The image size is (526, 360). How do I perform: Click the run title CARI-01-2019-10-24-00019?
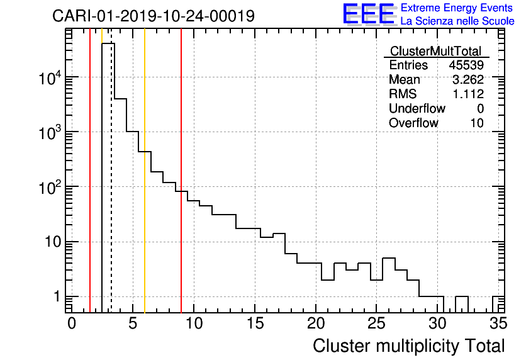[x=154, y=16]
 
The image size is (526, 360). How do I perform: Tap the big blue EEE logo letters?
[x=369, y=14]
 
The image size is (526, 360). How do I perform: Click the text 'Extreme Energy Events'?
[x=457, y=8]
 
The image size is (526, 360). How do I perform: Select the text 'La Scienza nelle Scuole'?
[x=457, y=21]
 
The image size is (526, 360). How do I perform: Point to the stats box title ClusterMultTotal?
[x=435, y=51]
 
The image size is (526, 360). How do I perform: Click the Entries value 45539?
[x=466, y=65]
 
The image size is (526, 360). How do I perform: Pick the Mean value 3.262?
[x=468, y=80]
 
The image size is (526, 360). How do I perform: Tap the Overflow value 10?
[x=477, y=123]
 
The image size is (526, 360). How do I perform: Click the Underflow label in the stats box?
[x=417, y=109]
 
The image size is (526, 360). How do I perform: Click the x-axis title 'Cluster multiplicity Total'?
[x=408, y=346]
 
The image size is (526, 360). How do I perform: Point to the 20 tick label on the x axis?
[x=316, y=323]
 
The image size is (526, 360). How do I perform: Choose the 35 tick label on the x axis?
[x=498, y=323]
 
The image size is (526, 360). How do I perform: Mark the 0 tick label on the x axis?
[x=72, y=323]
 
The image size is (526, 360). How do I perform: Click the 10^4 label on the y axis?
[x=50, y=78]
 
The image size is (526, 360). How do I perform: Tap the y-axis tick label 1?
[x=55, y=297]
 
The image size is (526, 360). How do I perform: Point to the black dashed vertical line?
[x=111, y=189]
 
